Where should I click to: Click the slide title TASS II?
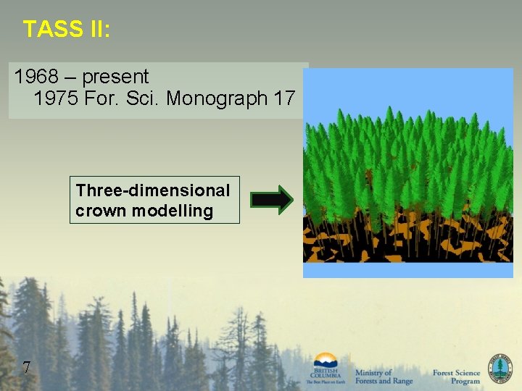67,29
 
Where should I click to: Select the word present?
116,77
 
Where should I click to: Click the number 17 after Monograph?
285,99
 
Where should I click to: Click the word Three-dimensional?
153,190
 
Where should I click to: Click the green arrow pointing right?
271,201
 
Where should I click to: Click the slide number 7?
26,368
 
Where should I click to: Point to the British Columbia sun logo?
326,361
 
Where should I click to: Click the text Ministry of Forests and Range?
383,377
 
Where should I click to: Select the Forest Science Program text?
456,377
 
